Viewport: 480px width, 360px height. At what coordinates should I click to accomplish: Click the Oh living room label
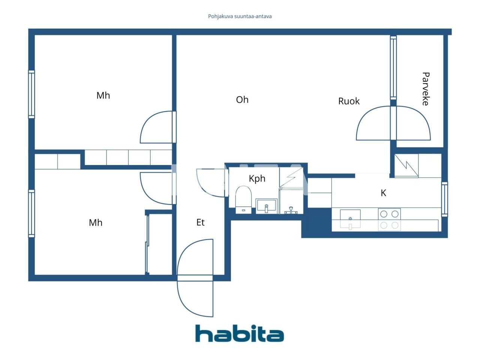(242, 100)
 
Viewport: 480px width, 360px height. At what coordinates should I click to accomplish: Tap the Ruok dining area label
(349, 101)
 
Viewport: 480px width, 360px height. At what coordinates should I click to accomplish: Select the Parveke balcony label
(426, 89)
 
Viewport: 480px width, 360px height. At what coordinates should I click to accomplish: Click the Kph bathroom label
(257, 178)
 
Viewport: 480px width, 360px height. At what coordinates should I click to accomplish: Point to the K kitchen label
(383, 193)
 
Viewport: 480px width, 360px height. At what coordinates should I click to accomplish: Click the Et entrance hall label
(201, 222)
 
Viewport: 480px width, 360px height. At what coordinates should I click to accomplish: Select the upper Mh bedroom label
(103, 95)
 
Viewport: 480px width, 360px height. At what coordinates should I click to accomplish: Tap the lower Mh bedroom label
(96, 223)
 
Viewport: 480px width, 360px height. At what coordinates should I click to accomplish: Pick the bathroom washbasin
(266, 206)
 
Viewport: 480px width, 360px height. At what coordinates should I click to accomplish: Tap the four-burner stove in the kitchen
(389, 219)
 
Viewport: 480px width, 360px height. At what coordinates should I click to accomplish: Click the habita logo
(240, 333)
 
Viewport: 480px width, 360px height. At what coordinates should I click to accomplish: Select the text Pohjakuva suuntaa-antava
(240, 16)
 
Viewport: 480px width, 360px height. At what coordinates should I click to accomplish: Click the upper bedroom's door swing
(156, 127)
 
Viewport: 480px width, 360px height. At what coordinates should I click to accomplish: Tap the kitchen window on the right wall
(444, 199)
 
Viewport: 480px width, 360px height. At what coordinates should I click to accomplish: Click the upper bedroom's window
(32, 94)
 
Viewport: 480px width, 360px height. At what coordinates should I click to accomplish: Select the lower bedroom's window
(32, 213)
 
